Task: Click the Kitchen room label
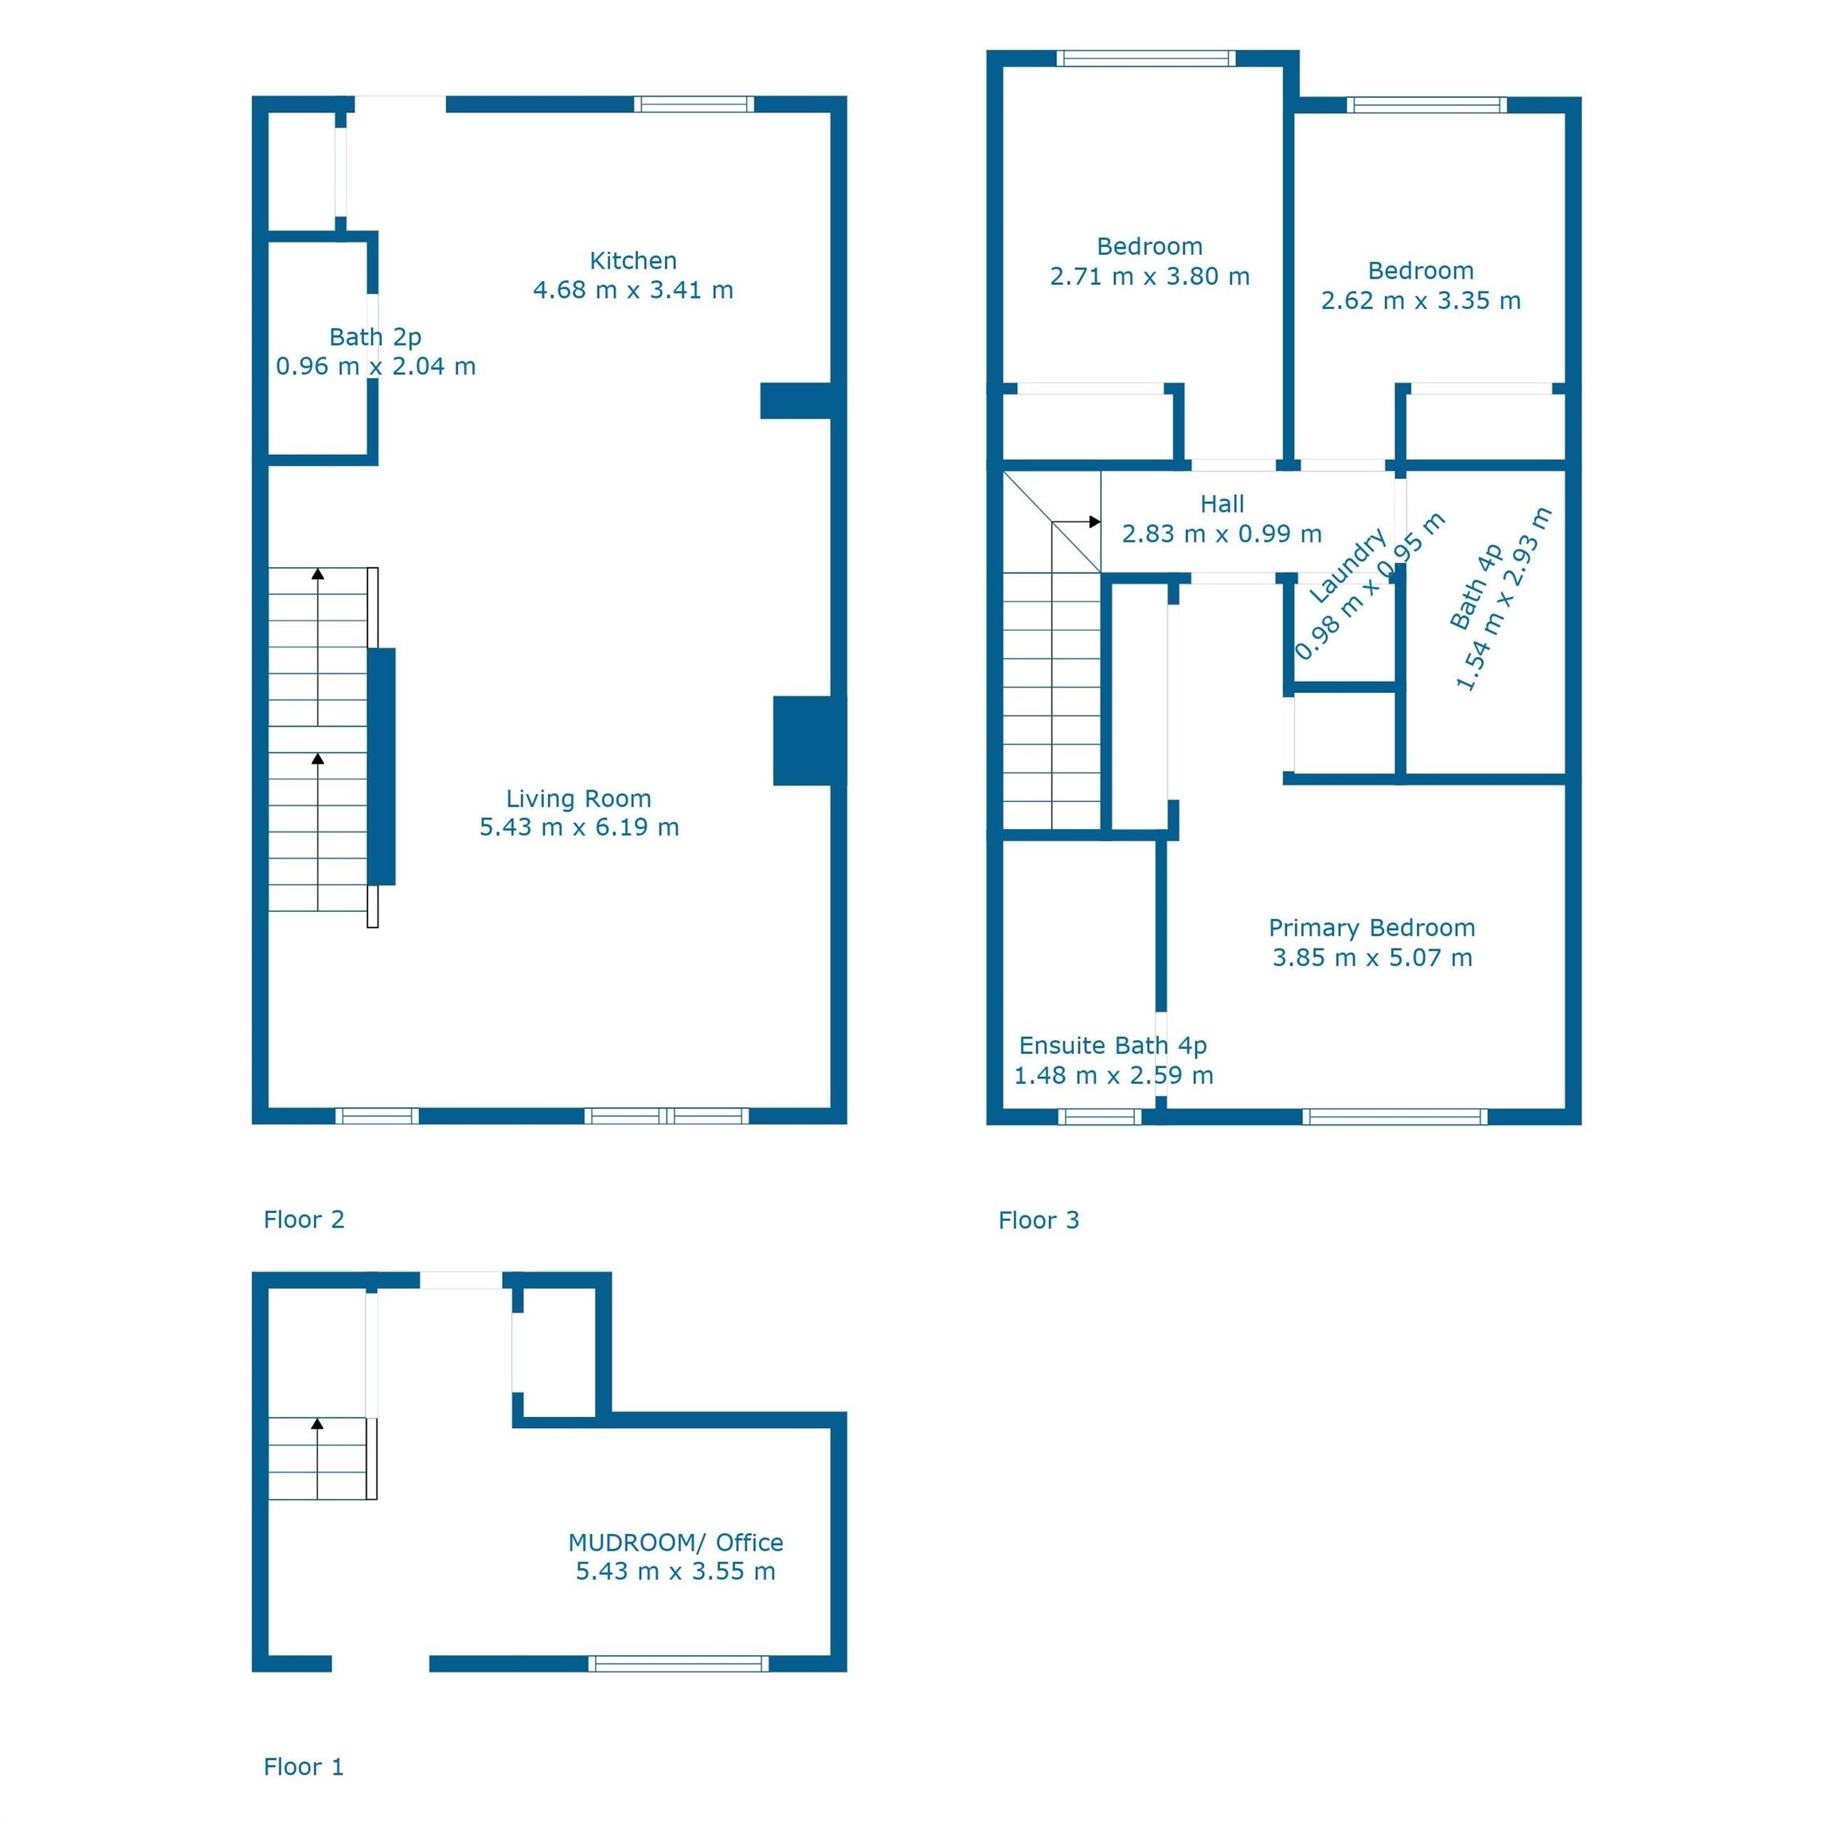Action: tap(632, 260)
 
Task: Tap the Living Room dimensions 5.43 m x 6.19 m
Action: tap(578, 828)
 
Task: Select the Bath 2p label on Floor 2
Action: tap(375, 337)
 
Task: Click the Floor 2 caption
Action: tap(304, 1219)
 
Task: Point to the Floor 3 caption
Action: tap(1038, 1220)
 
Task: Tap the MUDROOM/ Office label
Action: tap(675, 1543)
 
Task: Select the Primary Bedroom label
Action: tap(1371, 928)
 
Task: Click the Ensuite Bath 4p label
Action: tap(1112, 1046)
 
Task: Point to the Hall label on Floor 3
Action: tap(1222, 504)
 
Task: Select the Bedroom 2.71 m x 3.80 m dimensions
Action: tap(1149, 276)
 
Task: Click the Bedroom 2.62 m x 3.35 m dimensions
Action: tap(1421, 301)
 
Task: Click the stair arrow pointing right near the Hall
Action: tap(1094, 522)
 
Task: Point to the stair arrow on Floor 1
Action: tap(317, 1424)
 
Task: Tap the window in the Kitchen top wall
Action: tap(694, 104)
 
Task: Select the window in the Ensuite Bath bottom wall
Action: tap(1100, 1117)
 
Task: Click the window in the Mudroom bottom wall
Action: tap(678, 1663)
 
